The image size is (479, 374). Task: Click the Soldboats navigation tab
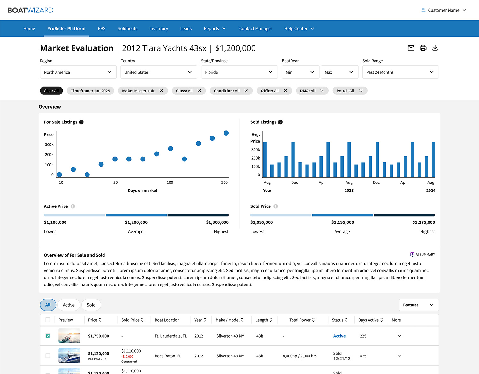[x=127, y=29]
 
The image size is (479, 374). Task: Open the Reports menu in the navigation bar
[x=215, y=29]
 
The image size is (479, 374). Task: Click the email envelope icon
[x=411, y=48]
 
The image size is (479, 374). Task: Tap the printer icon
[x=423, y=48]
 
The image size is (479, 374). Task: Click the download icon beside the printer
[x=435, y=48]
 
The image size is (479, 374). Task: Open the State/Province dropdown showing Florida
[x=239, y=72]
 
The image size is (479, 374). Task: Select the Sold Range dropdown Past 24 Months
[x=400, y=72]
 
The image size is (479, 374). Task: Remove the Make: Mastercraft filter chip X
[x=162, y=91]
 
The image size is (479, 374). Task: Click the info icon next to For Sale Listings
[x=81, y=122]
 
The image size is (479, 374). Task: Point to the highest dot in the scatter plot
[x=226, y=133]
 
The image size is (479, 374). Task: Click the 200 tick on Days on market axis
[x=224, y=183]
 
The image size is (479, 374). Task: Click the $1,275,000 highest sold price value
[x=423, y=222]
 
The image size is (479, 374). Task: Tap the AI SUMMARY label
[x=422, y=255]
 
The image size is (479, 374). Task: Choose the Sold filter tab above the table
[x=91, y=305]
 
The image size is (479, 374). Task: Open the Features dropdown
[x=419, y=305]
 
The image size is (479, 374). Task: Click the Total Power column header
[x=302, y=320]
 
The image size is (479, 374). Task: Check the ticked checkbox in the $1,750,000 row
[x=48, y=336]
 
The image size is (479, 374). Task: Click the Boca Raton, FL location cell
[x=168, y=356]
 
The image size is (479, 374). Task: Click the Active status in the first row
[x=339, y=336]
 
